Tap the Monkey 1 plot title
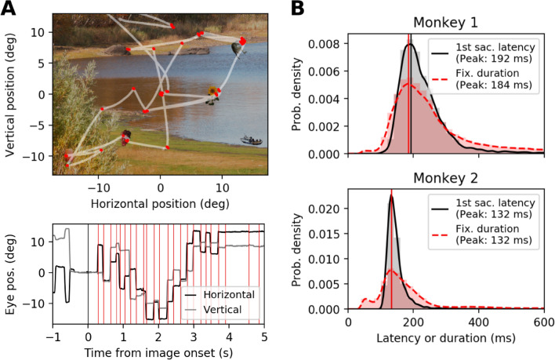pyautogui.click(x=446, y=23)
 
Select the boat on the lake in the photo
pyautogui.click(x=252, y=141)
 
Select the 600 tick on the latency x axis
pyautogui.click(x=543, y=322)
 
